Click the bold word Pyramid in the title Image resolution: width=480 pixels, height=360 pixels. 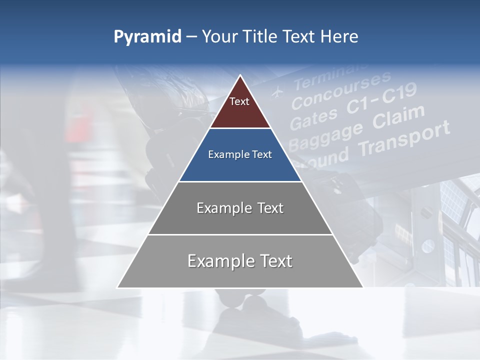click(147, 37)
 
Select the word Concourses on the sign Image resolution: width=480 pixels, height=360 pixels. click(340, 89)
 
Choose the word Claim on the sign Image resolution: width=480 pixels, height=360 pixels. click(398, 118)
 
